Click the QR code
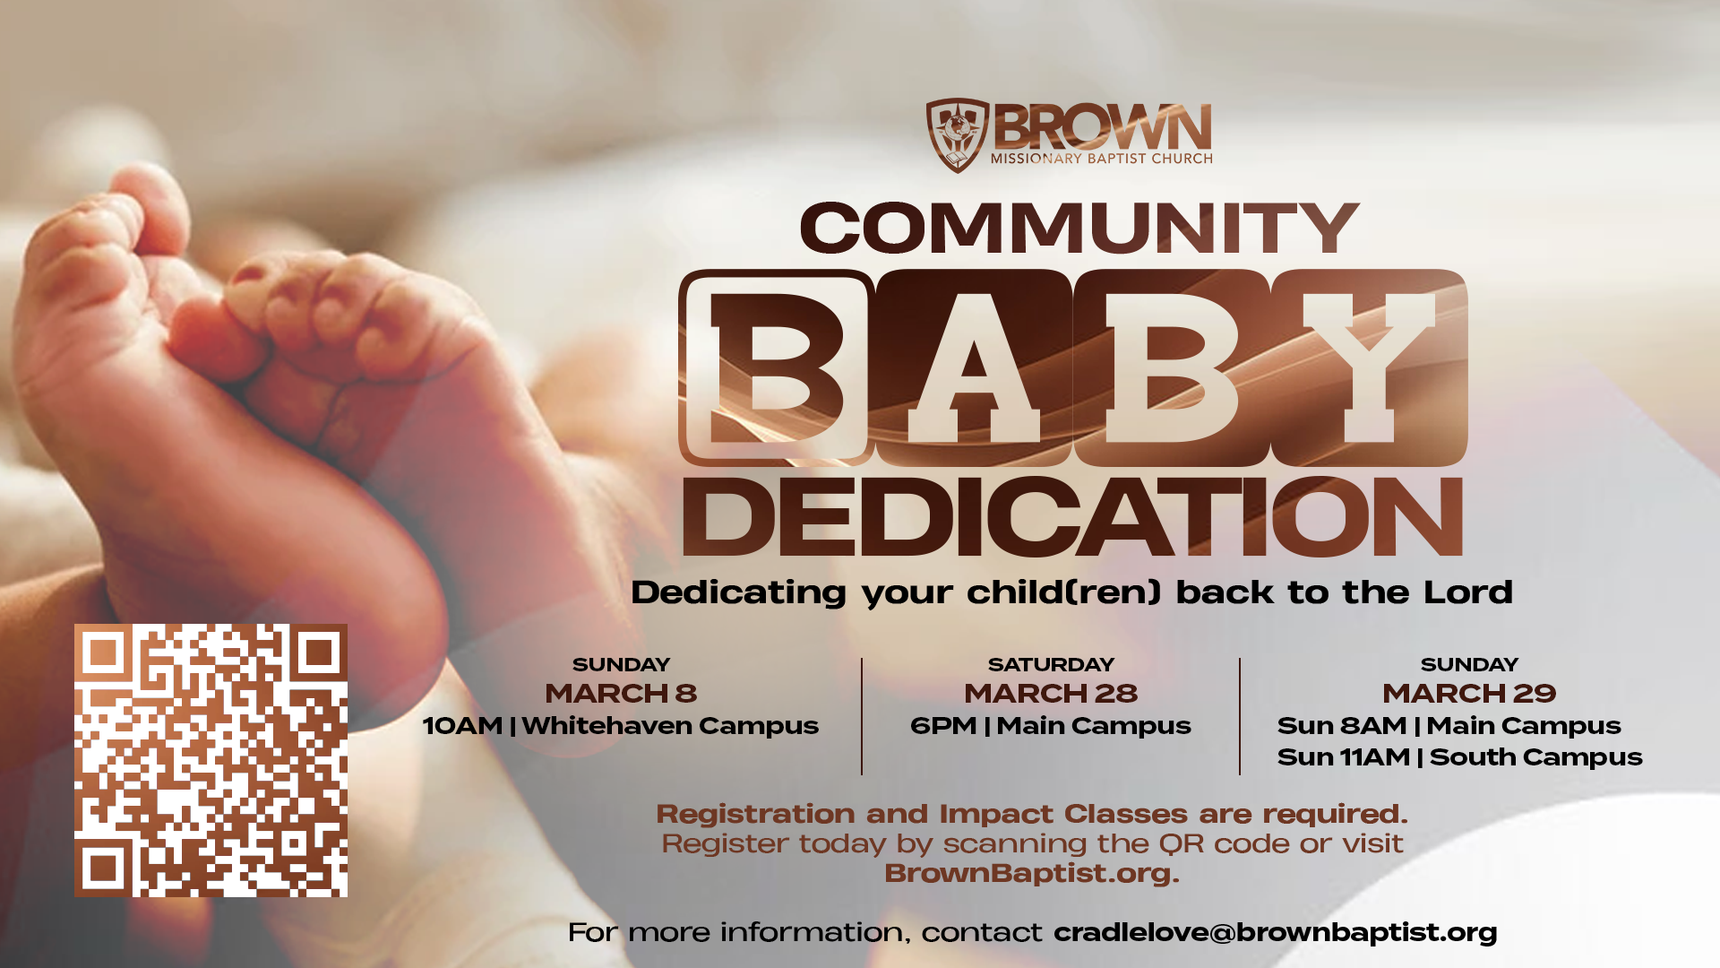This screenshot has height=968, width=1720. coord(211,760)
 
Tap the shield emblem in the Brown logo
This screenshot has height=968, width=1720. coord(957,135)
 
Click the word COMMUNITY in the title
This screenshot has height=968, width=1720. coord(1079,228)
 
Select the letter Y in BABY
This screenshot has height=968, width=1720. coord(1369,367)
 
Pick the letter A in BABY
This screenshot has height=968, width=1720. coord(974,367)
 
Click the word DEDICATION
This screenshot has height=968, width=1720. coord(1073,517)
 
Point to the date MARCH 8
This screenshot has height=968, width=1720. coord(621,694)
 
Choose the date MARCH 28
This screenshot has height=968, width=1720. coord(1051,694)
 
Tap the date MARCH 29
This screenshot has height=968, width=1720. coord(1469,694)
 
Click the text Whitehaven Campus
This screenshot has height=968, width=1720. coord(670,726)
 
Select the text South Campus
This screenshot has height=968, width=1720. coord(1536,757)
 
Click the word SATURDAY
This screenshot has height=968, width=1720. coord(1051,665)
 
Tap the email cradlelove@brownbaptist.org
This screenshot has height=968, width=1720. coord(1276,933)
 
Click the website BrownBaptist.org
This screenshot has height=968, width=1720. coord(1032,873)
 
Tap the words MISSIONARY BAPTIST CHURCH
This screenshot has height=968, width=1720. coord(1102,159)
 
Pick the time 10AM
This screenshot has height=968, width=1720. coord(462,726)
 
